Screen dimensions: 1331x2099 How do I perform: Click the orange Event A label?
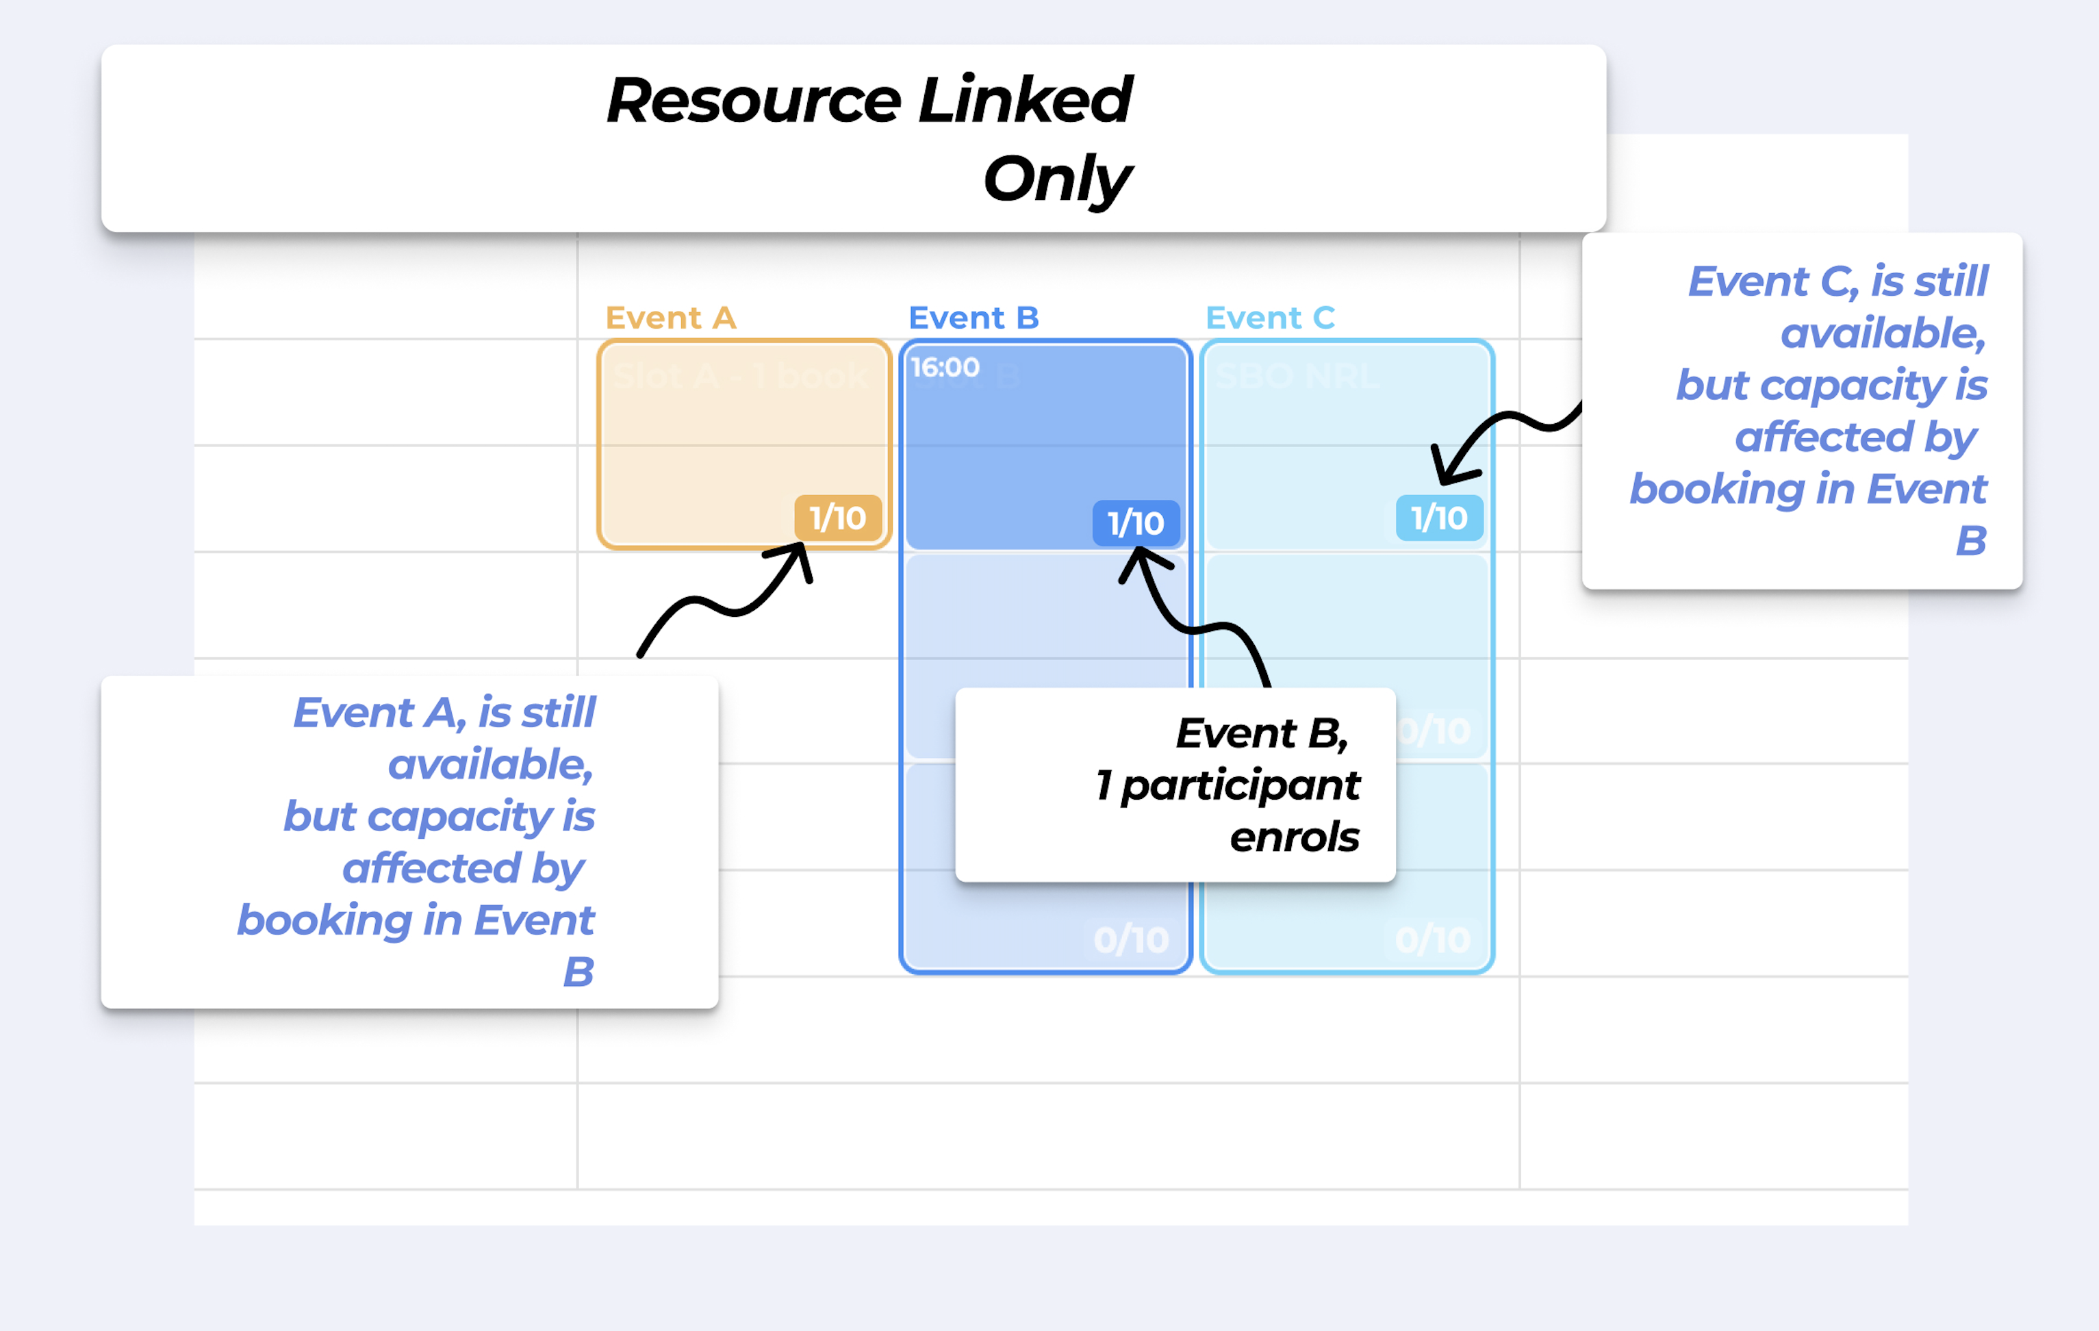pos(670,318)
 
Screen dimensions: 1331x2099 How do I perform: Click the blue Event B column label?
pos(973,318)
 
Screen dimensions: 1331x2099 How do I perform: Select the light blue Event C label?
pos(1270,318)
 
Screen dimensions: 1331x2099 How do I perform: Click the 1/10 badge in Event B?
pos(1135,523)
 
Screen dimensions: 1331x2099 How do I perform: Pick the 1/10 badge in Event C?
pos(1438,518)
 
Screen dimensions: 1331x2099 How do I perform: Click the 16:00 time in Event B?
pos(945,368)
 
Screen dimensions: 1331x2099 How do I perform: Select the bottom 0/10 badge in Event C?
pos(1432,939)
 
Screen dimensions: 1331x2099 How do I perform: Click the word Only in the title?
pos(1056,179)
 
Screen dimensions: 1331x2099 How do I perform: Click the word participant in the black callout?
pos(1240,786)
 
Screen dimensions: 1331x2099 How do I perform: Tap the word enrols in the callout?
pos(1294,837)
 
